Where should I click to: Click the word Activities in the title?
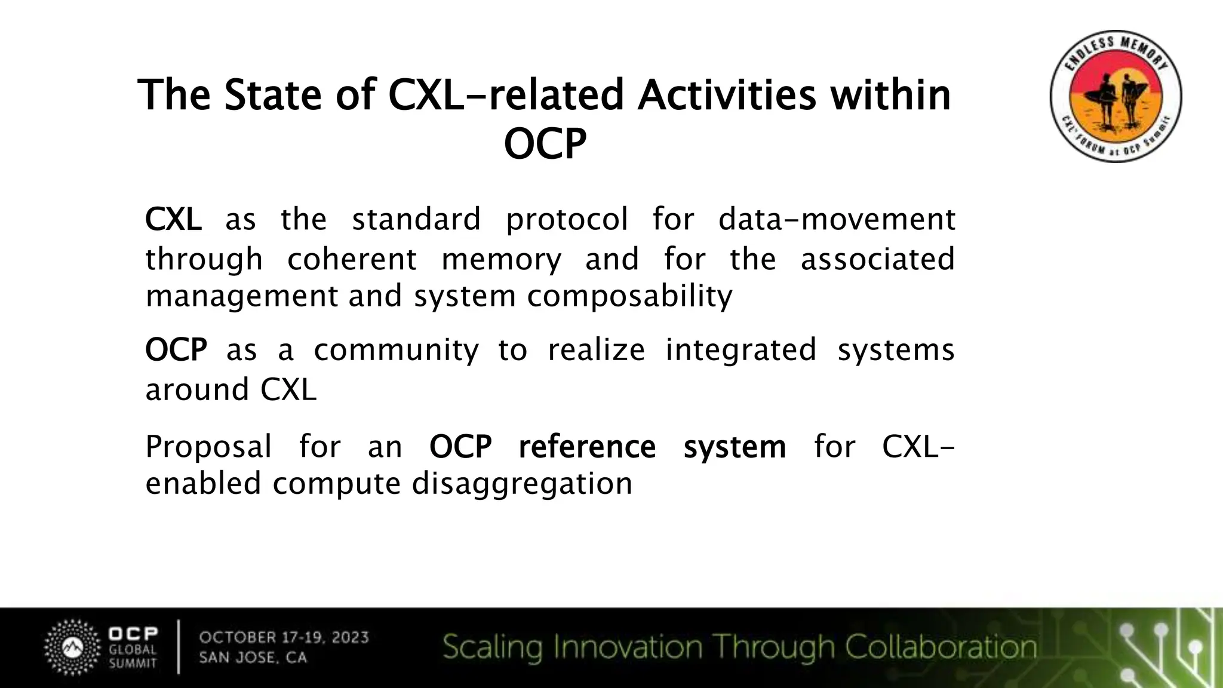point(726,96)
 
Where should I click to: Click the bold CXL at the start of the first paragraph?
point(173,219)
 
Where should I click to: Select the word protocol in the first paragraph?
point(567,219)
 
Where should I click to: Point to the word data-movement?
point(837,219)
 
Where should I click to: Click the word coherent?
point(352,260)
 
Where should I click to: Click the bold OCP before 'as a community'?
point(176,350)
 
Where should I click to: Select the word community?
point(396,350)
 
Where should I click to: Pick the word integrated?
point(740,350)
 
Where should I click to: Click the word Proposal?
point(208,447)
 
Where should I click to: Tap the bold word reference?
point(587,447)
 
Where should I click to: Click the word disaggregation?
point(522,483)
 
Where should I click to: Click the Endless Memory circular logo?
point(1116,96)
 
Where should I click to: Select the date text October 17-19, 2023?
point(284,637)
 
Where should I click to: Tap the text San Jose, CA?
point(253,658)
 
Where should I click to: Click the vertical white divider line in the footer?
point(178,647)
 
